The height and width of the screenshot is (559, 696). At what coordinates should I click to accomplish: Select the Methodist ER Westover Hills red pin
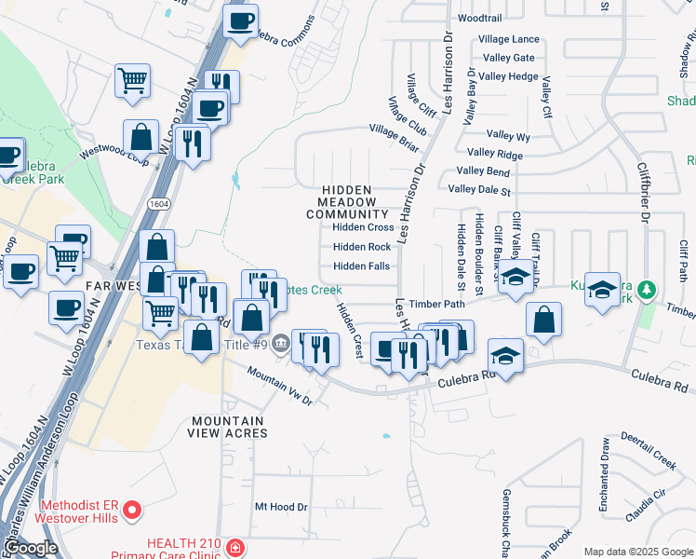point(132,509)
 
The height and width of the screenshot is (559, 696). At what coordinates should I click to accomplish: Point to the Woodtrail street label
point(480,18)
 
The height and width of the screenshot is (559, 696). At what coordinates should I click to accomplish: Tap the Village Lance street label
point(509,39)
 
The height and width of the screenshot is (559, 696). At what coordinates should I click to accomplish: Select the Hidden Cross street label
point(363,227)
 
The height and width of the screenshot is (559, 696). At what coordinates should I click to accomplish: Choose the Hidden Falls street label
point(361,266)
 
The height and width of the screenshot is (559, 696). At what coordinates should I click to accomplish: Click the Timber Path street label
point(436,304)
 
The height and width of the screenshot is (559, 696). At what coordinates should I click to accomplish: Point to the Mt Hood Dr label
point(281,507)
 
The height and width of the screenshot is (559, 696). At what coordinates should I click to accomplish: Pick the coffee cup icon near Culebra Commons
point(240,20)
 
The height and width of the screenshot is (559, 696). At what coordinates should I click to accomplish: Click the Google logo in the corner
point(31,549)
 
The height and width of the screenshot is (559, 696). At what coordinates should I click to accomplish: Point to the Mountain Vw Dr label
point(279,385)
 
